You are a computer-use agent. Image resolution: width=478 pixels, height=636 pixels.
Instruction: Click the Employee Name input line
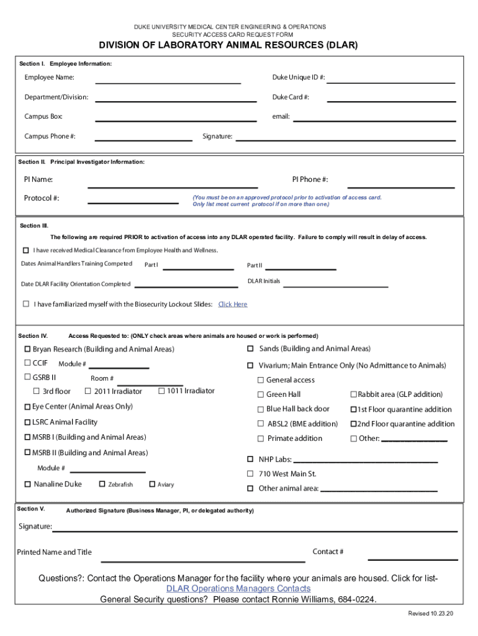[x=168, y=79]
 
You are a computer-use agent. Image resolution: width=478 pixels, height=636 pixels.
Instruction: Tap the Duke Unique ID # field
[x=390, y=79]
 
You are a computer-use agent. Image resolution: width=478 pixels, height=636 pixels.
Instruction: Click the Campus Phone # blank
[x=142, y=137]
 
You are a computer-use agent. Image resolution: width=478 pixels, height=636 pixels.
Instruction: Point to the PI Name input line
[x=173, y=183]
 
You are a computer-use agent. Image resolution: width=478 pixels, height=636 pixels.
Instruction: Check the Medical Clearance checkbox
[x=26, y=250]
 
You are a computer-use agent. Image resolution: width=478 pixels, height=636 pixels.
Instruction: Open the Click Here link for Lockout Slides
[x=233, y=304]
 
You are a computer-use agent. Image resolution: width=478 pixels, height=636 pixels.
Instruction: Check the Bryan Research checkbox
[x=27, y=349]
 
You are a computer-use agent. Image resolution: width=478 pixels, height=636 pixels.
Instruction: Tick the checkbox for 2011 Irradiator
[x=88, y=391]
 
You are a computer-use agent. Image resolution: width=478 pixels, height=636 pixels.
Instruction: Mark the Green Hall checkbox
[x=261, y=395]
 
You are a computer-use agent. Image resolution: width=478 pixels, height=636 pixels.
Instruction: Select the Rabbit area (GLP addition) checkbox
[x=354, y=395]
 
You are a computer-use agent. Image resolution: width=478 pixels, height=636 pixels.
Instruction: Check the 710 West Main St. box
[x=250, y=474]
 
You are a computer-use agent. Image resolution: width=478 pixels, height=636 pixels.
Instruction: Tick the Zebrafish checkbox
[x=102, y=484]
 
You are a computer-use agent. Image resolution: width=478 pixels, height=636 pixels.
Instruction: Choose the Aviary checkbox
[x=151, y=484]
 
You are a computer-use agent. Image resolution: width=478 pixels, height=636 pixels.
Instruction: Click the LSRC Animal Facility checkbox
[x=27, y=422]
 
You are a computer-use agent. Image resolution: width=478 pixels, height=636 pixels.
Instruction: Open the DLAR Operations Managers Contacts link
[x=238, y=588]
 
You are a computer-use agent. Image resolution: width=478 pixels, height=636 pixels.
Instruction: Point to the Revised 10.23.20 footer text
[x=431, y=614]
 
